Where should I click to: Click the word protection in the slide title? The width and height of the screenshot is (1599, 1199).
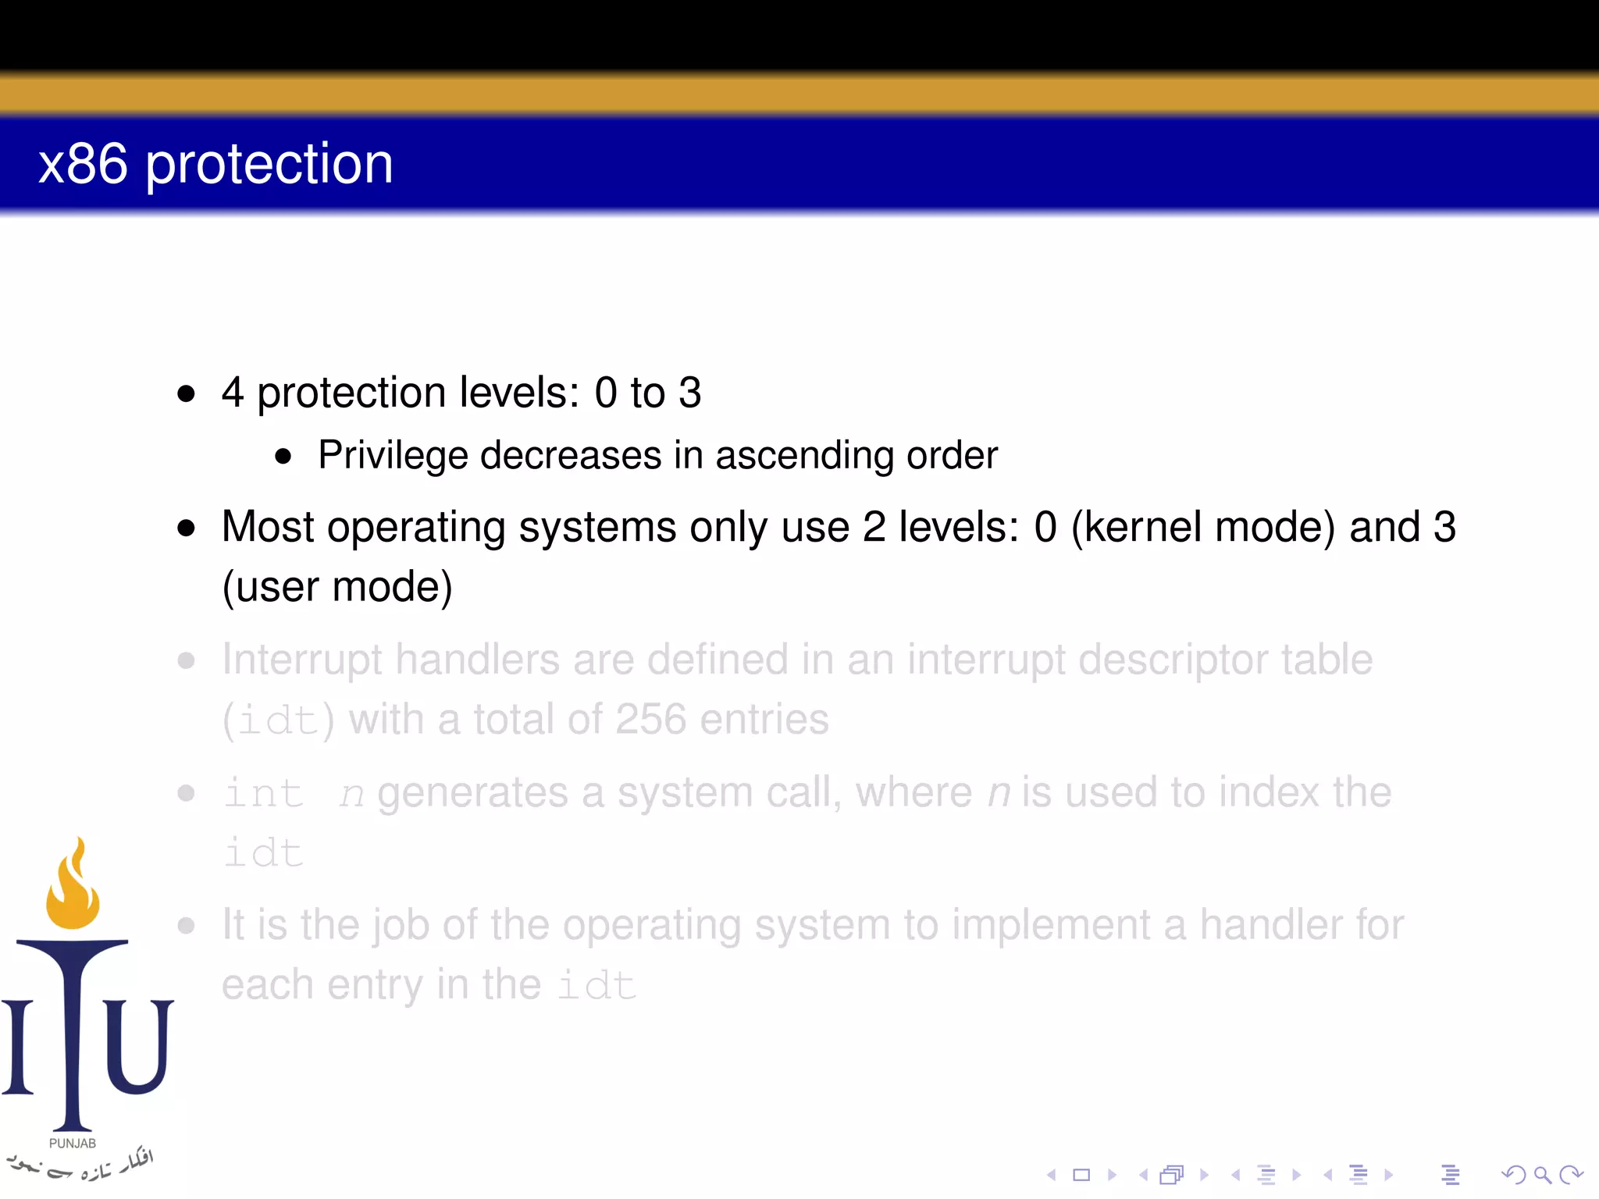pos(269,165)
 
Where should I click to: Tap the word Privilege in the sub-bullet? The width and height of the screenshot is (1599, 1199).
pos(392,455)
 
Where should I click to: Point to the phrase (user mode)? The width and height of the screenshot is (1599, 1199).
pos(337,587)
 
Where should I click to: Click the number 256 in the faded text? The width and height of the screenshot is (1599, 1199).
pos(650,719)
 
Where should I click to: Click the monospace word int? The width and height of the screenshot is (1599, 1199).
pos(264,794)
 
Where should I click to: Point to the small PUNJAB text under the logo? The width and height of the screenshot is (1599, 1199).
pos(73,1144)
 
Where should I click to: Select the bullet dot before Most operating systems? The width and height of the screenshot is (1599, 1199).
pos(186,528)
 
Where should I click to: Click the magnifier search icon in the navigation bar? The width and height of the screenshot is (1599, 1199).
pos(1542,1175)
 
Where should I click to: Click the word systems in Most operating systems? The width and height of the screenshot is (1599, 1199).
pos(597,527)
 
